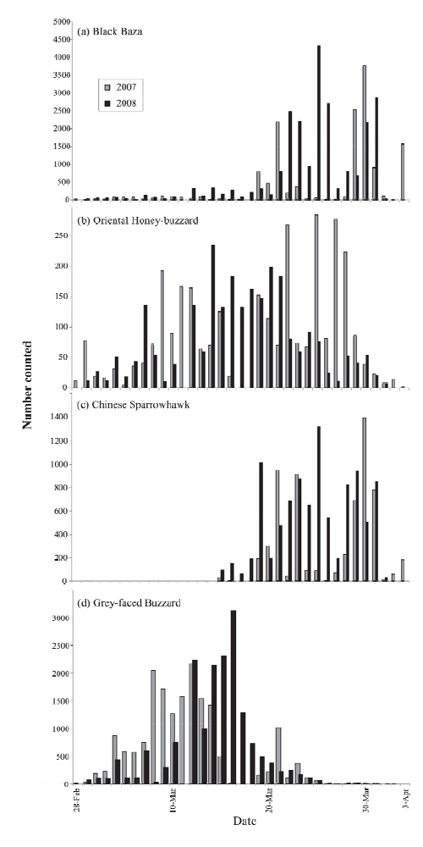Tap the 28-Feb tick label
click(75, 803)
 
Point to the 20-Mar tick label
click(269, 803)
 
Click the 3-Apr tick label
click(405, 801)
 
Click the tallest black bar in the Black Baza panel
click(319, 123)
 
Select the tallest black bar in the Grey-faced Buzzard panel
click(233, 697)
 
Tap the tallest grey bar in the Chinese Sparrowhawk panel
click(365, 499)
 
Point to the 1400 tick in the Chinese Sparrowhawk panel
click(63, 417)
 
